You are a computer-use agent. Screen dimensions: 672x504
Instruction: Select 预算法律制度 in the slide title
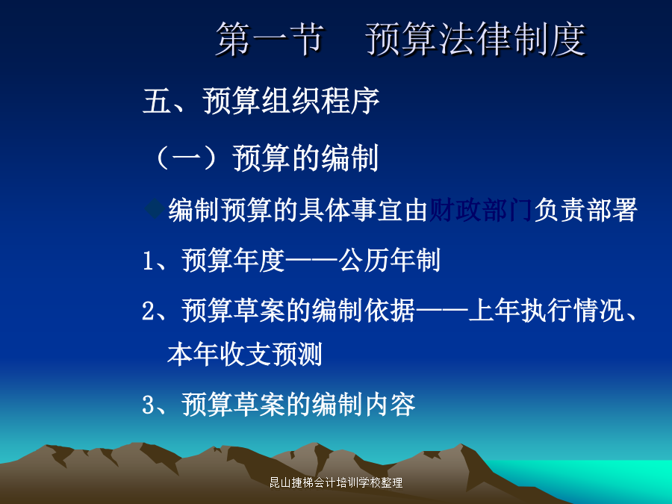pyautogui.click(x=476, y=39)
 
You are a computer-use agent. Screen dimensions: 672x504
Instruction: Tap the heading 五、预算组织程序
pyautogui.click(x=261, y=101)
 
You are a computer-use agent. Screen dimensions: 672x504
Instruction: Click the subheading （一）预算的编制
pyautogui.click(x=265, y=158)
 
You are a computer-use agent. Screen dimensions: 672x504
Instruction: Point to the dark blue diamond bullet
pyautogui.click(x=155, y=209)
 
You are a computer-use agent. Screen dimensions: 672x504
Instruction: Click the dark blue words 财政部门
pyautogui.click(x=480, y=210)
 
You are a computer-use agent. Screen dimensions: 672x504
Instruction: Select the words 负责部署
pyautogui.click(x=585, y=210)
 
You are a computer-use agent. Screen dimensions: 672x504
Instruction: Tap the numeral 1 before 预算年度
pyautogui.click(x=147, y=261)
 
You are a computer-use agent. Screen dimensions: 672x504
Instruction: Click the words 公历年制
pyautogui.click(x=390, y=260)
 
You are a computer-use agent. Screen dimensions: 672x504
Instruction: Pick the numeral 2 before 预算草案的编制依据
pyautogui.click(x=148, y=311)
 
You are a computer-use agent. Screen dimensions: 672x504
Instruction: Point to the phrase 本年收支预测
pyautogui.click(x=245, y=355)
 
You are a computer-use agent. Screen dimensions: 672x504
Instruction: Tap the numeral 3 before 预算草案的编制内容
pyautogui.click(x=148, y=405)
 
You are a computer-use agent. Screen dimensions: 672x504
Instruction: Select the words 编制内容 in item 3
pyautogui.click(x=364, y=404)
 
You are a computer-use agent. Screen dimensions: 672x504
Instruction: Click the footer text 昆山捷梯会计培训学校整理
pyautogui.click(x=336, y=482)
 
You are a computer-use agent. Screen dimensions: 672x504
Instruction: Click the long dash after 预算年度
pyautogui.click(x=311, y=260)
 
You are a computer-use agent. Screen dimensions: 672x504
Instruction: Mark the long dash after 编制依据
pyautogui.click(x=442, y=311)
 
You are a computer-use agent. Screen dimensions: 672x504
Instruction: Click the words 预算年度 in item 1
pyautogui.click(x=233, y=260)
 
